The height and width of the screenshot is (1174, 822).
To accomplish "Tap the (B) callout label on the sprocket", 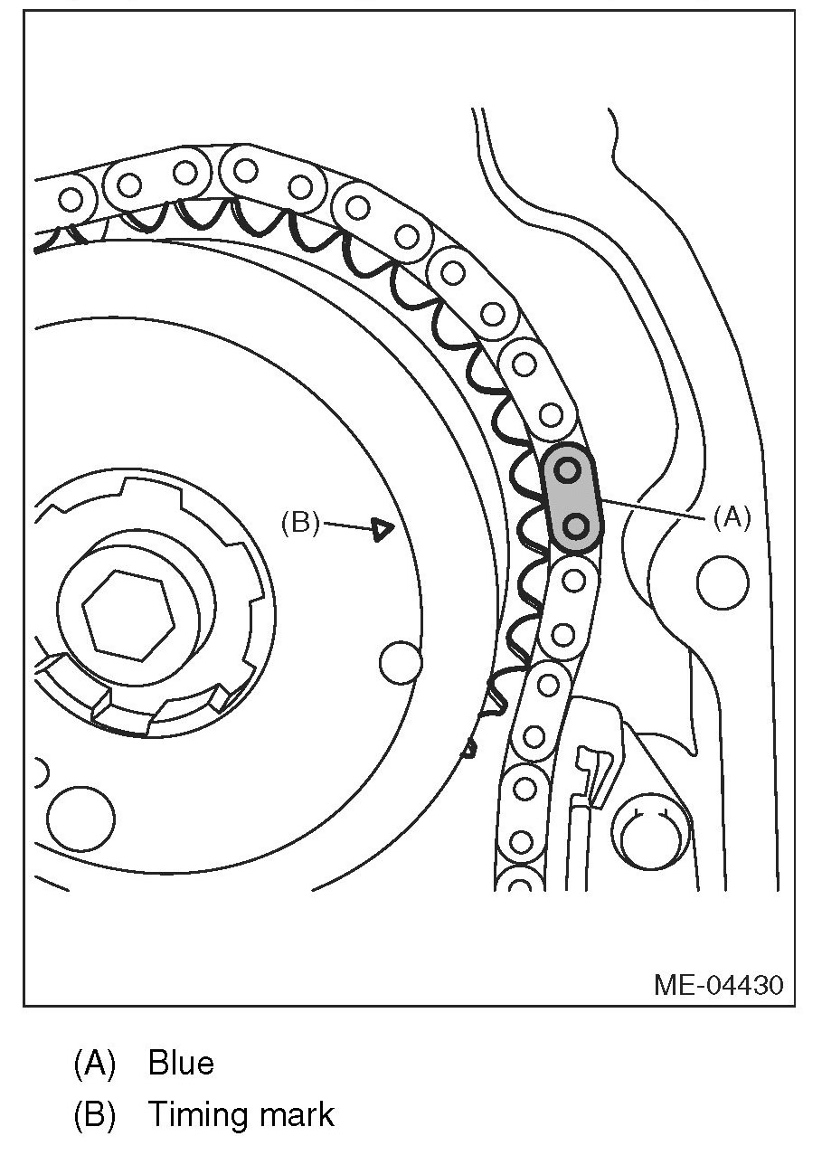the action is (x=299, y=523).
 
